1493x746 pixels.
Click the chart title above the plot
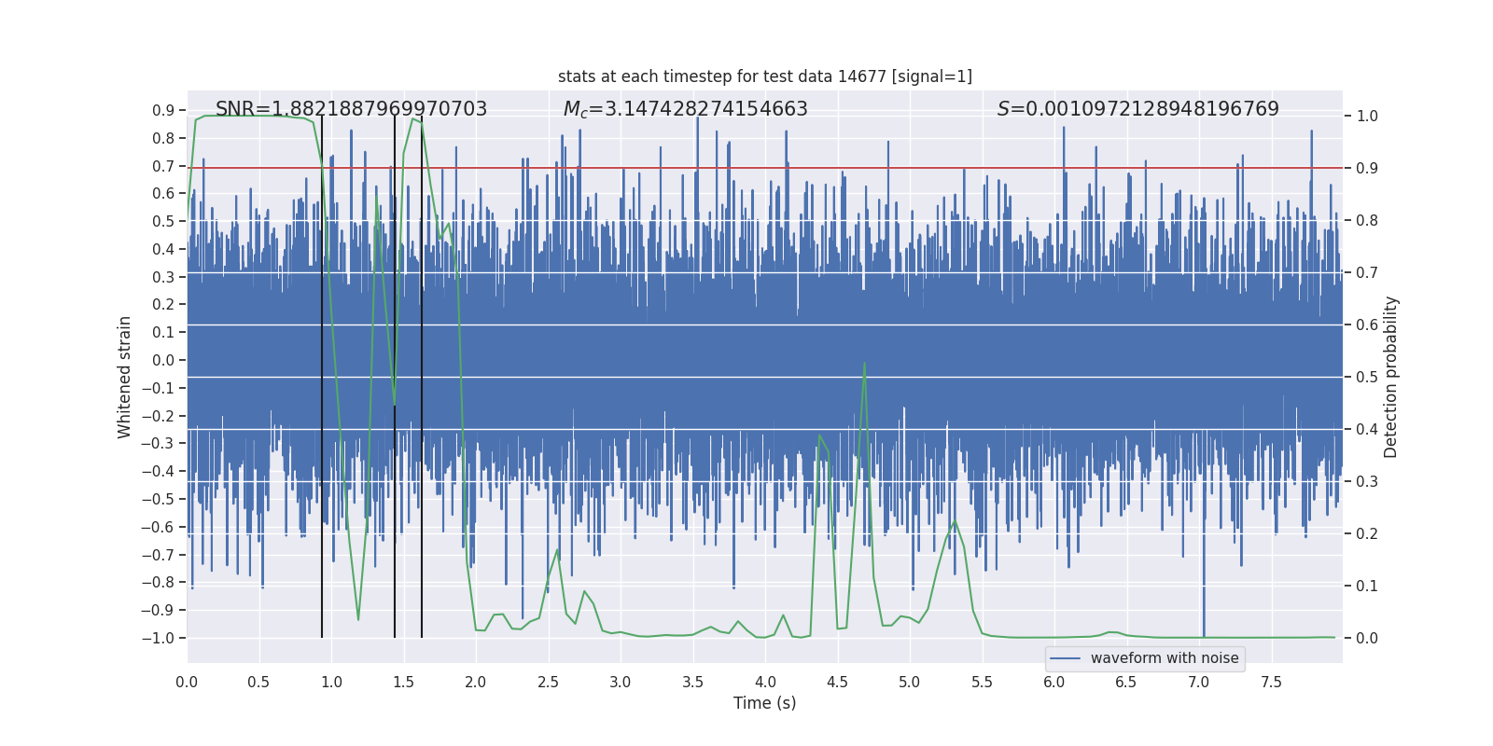pyautogui.click(x=764, y=76)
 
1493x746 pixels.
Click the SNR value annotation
pyautogui.click(x=351, y=109)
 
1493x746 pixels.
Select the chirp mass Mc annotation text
pyautogui.click(x=685, y=109)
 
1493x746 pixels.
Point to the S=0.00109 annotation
pyautogui.click(x=1137, y=109)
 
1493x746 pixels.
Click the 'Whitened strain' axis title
pyautogui.click(x=125, y=377)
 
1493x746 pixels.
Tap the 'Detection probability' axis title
pyautogui.click(x=1391, y=377)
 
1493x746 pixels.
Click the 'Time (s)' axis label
pyautogui.click(x=764, y=703)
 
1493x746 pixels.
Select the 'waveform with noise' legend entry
pyautogui.click(x=1164, y=658)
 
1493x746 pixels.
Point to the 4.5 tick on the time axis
pyautogui.click(x=837, y=682)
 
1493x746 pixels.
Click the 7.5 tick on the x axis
pyautogui.click(x=1271, y=682)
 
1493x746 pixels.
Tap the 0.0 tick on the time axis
pyautogui.click(x=187, y=682)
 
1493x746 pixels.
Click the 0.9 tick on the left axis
pyautogui.click(x=163, y=110)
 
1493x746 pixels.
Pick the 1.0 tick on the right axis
pyautogui.click(x=1367, y=117)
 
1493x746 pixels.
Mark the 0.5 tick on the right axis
pyautogui.click(x=1367, y=377)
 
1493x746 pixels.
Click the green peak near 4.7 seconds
pyautogui.click(x=864, y=364)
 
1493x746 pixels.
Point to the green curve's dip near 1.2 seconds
pyautogui.click(x=358, y=619)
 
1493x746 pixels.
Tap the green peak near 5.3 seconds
pyautogui.click(x=955, y=520)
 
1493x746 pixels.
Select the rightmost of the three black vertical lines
pyautogui.click(x=422, y=373)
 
